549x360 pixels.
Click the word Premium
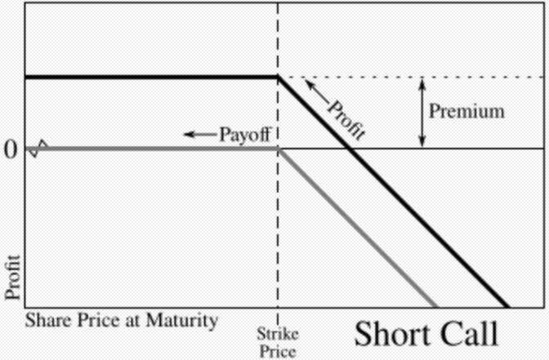466,111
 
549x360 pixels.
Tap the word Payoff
245,135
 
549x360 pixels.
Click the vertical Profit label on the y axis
12,278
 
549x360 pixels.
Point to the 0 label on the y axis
10,150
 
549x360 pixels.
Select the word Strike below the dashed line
278,334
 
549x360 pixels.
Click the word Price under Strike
278,351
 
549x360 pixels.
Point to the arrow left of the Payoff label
200,135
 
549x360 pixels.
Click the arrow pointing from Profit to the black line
317,91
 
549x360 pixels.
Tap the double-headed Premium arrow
422,113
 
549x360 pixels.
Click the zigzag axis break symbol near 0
38,149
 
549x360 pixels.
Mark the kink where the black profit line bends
278,77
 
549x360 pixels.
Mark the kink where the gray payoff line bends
278,149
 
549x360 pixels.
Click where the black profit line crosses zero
350,149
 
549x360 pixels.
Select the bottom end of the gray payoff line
435,307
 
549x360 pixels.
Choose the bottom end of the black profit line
507,307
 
